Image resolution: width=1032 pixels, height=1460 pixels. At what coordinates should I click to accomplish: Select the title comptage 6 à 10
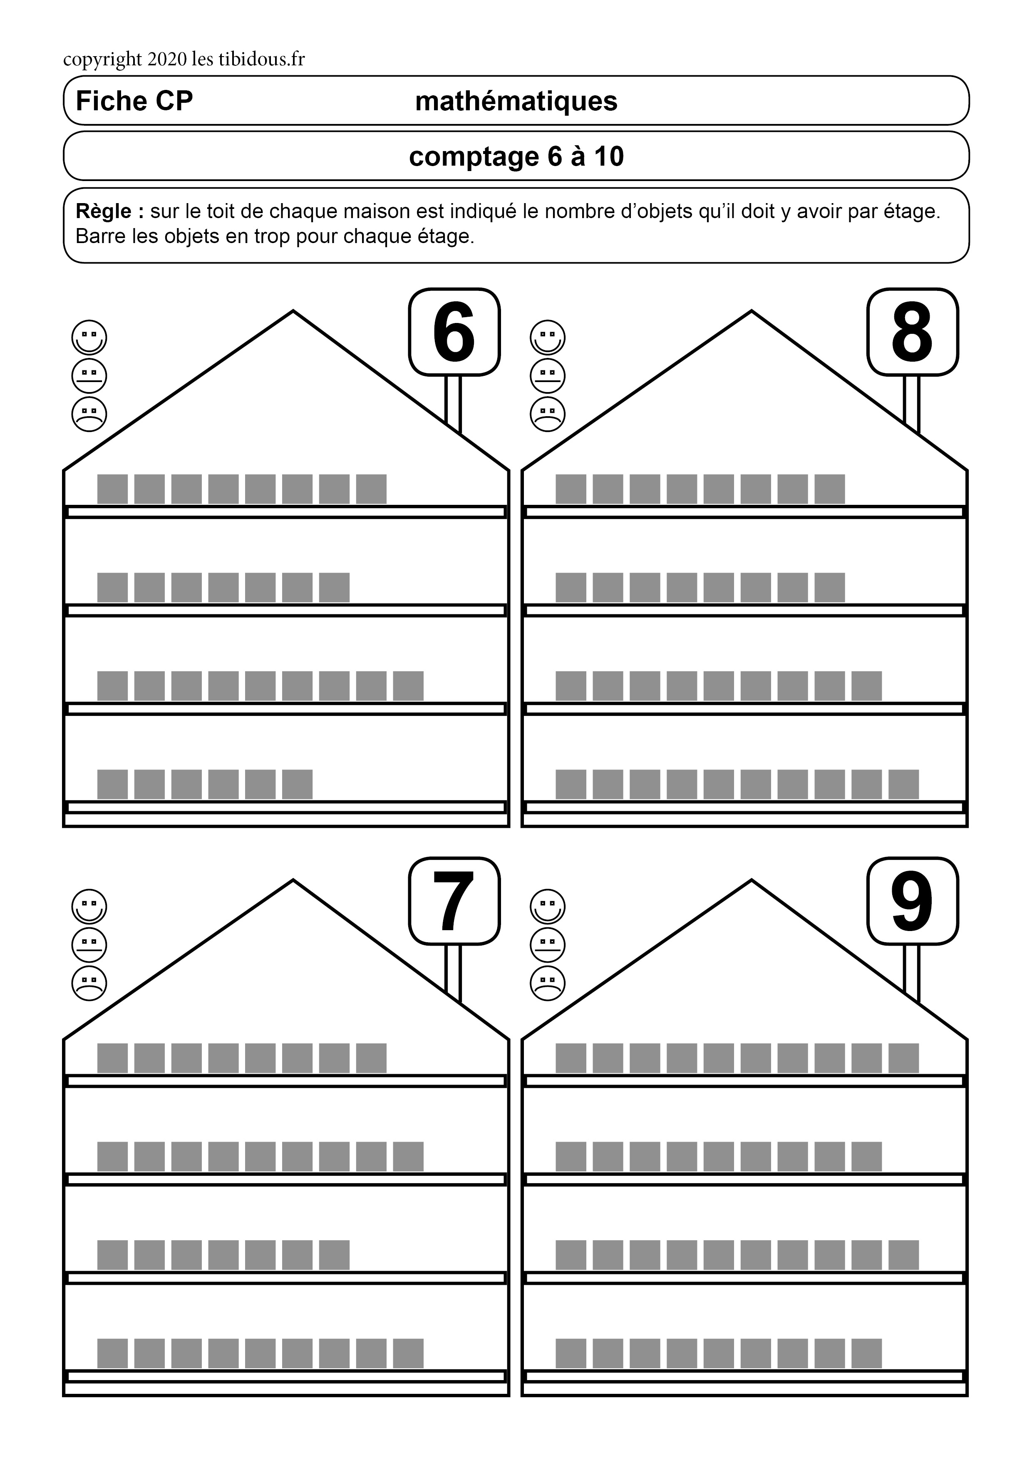click(516, 156)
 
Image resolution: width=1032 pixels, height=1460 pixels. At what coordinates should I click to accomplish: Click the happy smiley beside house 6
click(89, 337)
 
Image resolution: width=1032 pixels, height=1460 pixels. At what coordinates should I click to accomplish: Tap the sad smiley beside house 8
click(548, 414)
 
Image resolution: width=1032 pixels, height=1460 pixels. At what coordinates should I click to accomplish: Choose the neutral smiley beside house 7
click(89, 944)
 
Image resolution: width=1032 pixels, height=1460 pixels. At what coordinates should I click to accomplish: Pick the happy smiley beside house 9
click(548, 906)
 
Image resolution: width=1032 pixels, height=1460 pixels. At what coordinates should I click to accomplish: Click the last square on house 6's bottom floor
click(297, 784)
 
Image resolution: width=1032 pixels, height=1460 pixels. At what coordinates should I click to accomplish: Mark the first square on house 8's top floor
click(571, 489)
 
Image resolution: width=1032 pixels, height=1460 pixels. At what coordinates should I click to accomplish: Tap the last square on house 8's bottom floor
click(903, 784)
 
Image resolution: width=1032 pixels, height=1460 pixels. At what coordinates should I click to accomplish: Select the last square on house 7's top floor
click(371, 1058)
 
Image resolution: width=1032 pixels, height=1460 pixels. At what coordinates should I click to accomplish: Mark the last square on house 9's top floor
click(903, 1058)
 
